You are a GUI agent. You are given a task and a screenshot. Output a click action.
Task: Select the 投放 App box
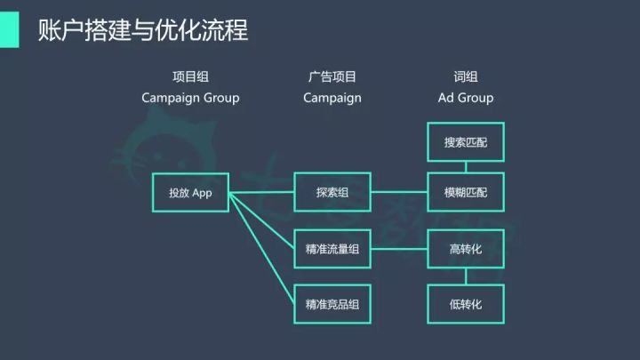tap(190, 192)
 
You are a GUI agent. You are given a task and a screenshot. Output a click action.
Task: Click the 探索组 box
tap(332, 192)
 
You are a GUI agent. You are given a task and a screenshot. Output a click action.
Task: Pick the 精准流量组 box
tap(332, 249)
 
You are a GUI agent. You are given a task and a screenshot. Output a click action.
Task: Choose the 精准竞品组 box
tap(332, 304)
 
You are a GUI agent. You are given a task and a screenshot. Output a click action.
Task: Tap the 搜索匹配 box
tap(466, 142)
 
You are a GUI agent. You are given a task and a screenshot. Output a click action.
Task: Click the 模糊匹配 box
tap(466, 192)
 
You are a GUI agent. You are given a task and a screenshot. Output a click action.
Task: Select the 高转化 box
tap(466, 249)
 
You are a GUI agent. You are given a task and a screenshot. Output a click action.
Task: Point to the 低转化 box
tap(466, 304)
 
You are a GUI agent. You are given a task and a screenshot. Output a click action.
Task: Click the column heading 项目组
tap(190, 78)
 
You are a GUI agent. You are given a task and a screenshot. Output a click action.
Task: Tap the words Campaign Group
tap(190, 98)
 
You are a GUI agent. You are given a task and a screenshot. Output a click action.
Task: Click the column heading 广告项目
tap(332, 78)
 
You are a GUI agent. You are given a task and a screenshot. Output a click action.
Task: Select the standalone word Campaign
tap(332, 98)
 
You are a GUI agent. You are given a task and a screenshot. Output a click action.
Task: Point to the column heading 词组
tap(466, 78)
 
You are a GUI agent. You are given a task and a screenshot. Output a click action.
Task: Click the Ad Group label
tap(466, 98)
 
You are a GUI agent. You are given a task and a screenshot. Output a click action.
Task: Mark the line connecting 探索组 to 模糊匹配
tap(399, 192)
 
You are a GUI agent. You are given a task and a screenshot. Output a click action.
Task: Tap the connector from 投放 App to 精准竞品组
tap(262, 249)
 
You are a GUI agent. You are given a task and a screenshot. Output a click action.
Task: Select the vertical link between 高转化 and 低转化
tap(466, 276)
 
